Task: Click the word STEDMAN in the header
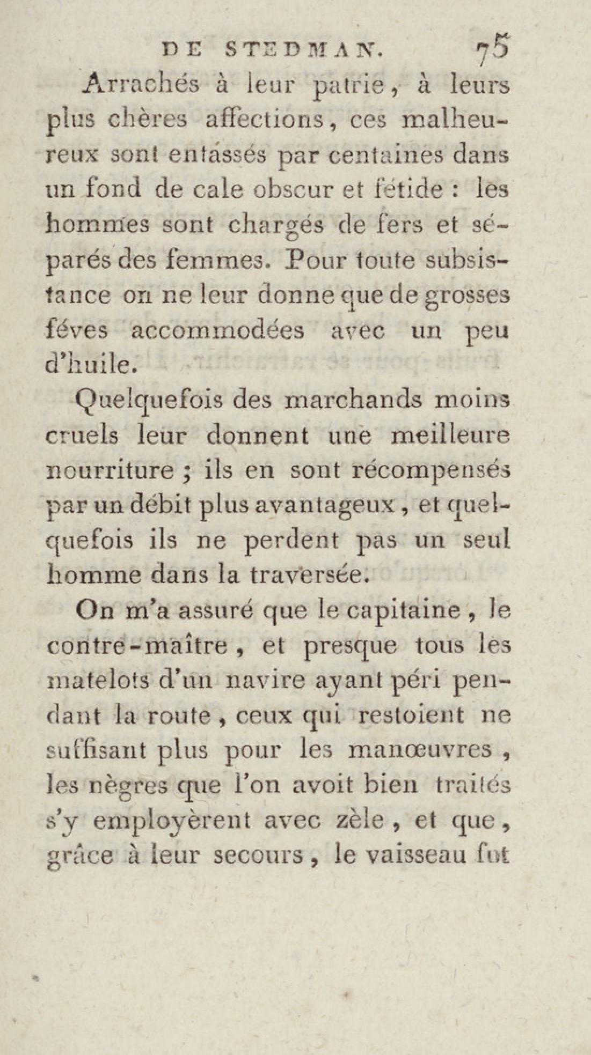304,50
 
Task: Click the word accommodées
217,330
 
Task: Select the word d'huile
90,365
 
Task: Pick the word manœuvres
420,749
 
